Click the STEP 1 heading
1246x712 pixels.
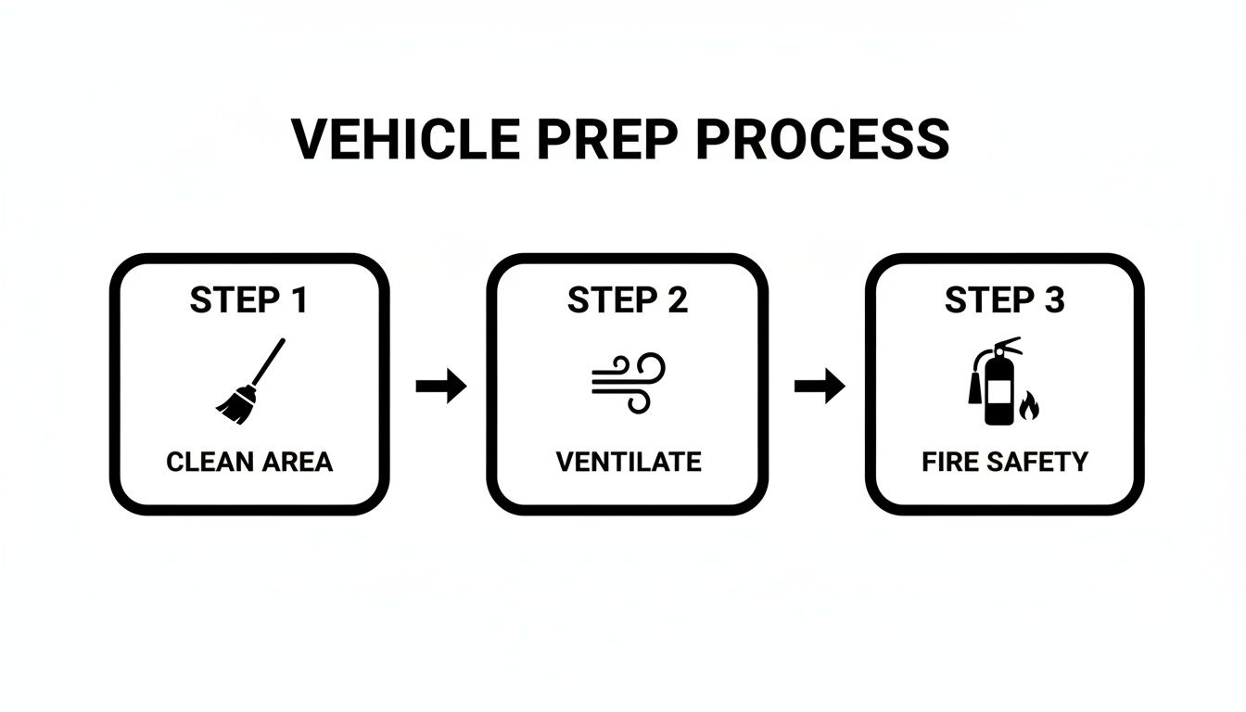click(x=249, y=300)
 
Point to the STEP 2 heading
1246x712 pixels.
click(x=627, y=300)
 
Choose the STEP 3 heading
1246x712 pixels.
click(x=1005, y=300)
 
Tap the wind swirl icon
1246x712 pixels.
click(x=628, y=381)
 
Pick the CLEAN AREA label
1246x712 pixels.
click(x=249, y=462)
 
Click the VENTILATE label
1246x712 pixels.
click(x=628, y=462)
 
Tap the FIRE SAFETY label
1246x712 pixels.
click(x=1005, y=462)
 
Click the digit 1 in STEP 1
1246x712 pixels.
click(x=299, y=300)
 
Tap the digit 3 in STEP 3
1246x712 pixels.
click(x=1054, y=300)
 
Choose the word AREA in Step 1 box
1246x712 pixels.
click(x=295, y=462)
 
